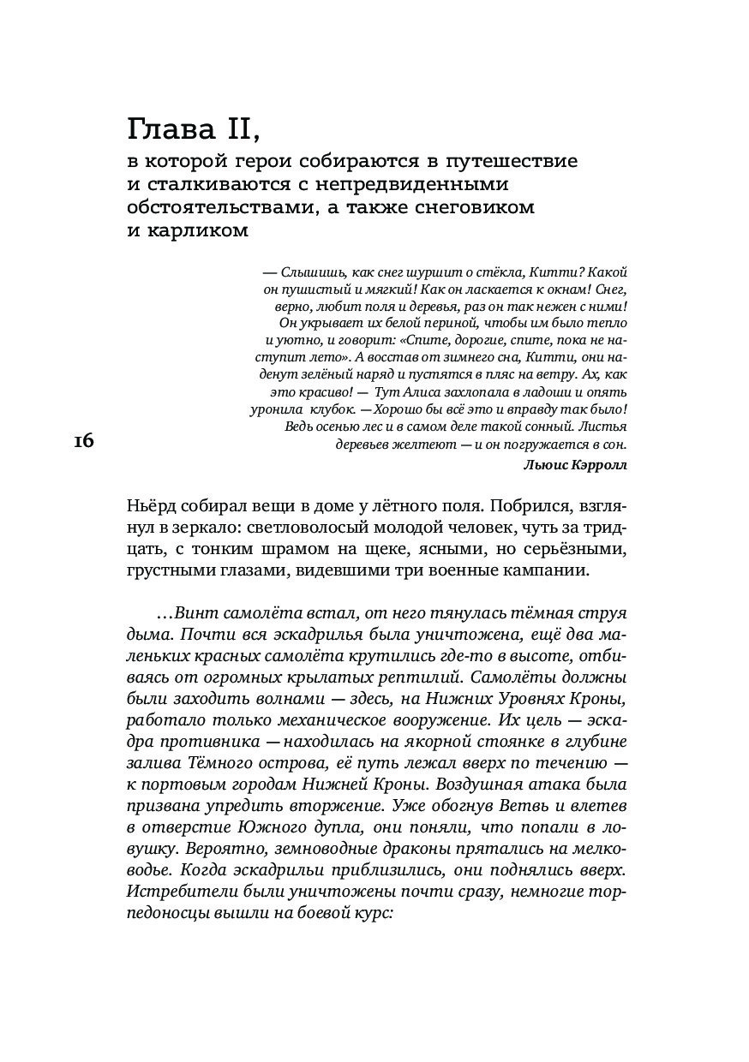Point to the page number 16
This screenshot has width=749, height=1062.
84,441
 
